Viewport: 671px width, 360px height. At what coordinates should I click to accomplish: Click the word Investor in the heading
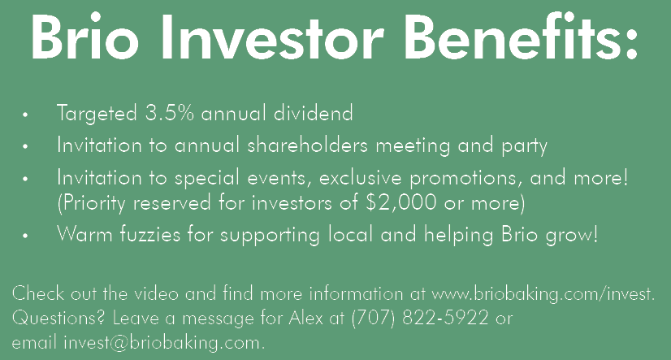(x=272, y=37)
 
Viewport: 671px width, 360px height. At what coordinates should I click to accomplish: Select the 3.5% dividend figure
(x=170, y=113)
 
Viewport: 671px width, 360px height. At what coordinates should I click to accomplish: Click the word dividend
(x=314, y=113)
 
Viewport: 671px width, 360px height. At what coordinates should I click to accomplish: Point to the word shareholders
(x=307, y=145)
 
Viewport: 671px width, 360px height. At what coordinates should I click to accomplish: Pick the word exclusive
(x=360, y=178)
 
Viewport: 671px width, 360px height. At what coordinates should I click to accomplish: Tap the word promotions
(x=465, y=179)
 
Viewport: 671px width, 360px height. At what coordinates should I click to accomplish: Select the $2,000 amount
(x=401, y=202)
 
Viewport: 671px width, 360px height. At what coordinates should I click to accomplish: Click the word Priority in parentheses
(x=91, y=203)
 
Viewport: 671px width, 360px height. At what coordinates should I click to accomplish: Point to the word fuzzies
(x=149, y=234)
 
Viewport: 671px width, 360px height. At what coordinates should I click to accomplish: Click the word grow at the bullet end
(x=572, y=235)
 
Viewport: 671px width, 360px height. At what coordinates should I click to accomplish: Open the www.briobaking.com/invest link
(x=543, y=294)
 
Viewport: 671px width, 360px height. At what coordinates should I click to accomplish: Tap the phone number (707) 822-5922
(x=420, y=318)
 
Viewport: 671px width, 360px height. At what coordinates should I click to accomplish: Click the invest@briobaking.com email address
(x=164, y=343)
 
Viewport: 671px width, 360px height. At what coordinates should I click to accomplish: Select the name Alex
(x=305, y=318)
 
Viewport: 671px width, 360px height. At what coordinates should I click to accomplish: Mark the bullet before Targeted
(x=25, y=115)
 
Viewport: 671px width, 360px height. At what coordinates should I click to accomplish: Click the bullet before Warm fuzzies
(x=25, y=236)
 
